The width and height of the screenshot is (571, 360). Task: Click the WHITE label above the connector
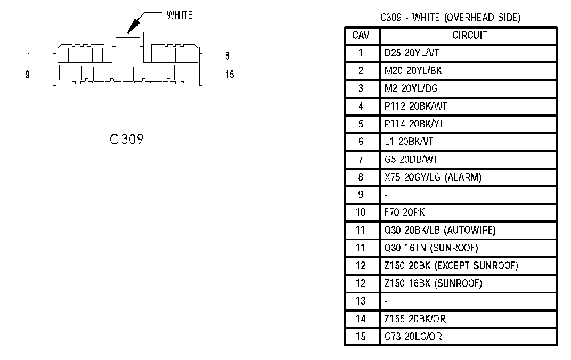pyautogui.click(x=180, y=15)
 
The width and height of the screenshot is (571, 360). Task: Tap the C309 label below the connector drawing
pyautogui.click(x=126, y=140)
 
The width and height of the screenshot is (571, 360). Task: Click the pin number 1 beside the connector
pyautogui.click(x=29, y=56)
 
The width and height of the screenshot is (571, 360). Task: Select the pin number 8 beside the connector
pyautogui.click(x=227, y=56)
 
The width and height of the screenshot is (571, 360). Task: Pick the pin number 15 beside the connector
pyautogui.click(x=230, y=75)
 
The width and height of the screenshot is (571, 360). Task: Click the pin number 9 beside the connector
pyautogui.click(x=27, y=75)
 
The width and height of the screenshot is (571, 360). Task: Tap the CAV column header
pyautogui.click(x=362, y=36)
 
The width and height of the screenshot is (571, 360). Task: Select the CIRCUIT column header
pyautogui.click(x=469, y=36)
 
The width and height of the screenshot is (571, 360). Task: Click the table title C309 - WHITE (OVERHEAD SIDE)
pyautogui.click(x=450, y=18)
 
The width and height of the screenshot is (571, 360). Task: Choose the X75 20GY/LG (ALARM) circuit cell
pyautogui.click(x=433, y=177)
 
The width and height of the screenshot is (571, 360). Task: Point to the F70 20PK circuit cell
pyautogui.click(x=404, y=212)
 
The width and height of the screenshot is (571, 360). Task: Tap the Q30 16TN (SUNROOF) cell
pyautogui.click(x=431, y=248)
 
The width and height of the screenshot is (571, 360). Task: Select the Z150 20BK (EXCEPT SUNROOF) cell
pyautogui.click(x=451, y=265)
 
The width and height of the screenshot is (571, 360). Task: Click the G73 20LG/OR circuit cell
pyautogui.click(x=413, y=336)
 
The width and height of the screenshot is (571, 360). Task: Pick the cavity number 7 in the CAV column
pyautogui.click(x=361, y=159)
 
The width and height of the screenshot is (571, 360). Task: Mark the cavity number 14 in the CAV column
pyautogui.click(x=361, y=318)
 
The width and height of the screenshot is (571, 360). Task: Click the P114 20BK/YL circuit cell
pyautogui.click(x=414, y=124)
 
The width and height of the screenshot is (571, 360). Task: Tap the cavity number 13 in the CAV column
pyautogui.click(x=361, y=301)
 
